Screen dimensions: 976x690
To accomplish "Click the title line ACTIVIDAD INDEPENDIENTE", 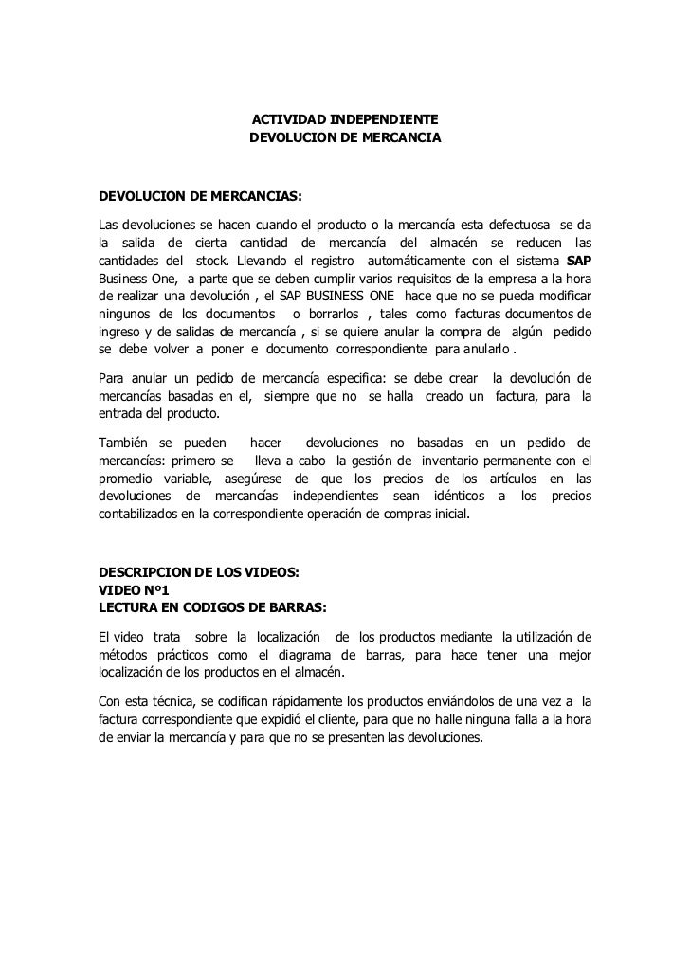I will click(x=344, y=121).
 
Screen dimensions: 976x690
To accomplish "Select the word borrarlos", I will click(x=339, y=315).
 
